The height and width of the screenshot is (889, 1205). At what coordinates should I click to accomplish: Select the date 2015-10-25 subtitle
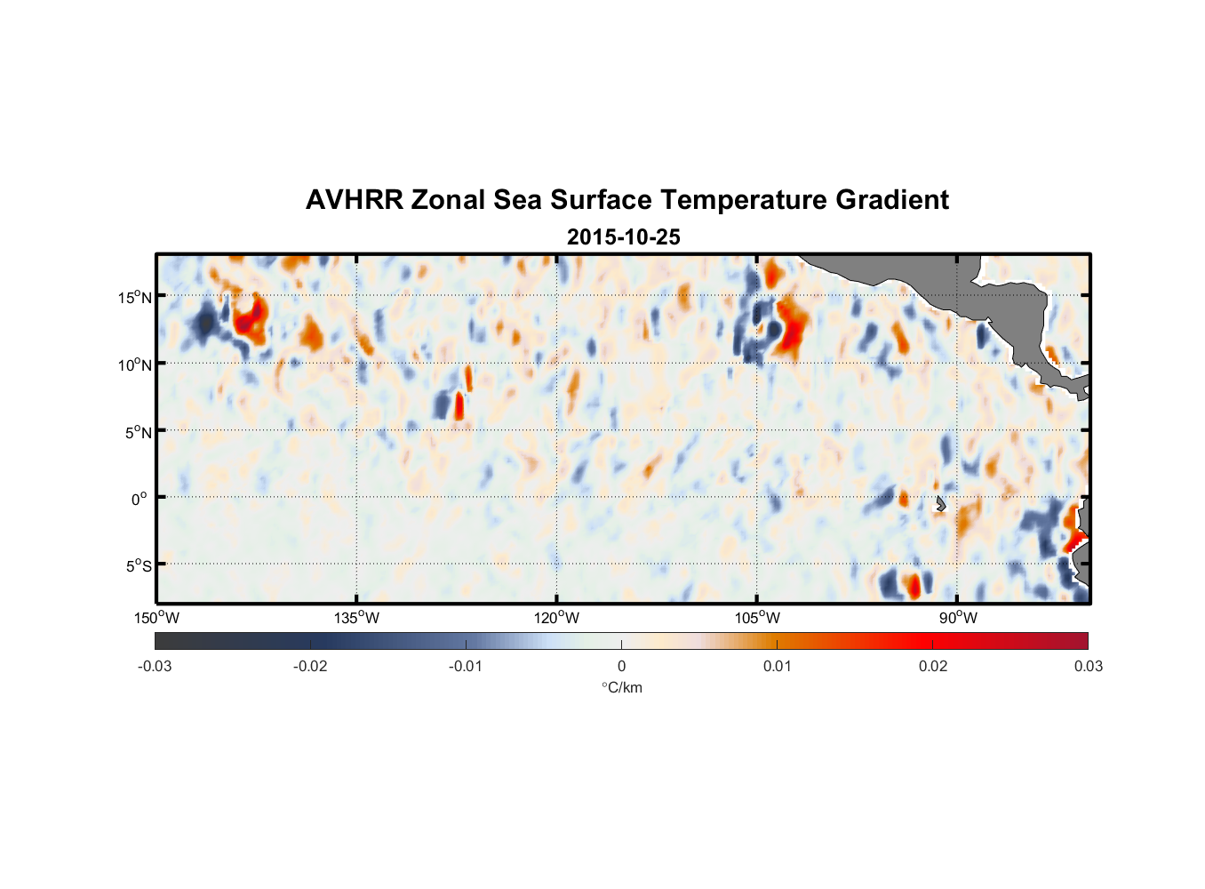pyautogui.click(x=624, y=237)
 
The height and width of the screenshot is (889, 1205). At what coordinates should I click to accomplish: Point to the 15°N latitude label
pyautogui.click(x=134, y=297)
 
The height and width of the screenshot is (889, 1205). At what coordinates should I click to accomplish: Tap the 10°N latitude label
pyautogui.click(x=134, y=364)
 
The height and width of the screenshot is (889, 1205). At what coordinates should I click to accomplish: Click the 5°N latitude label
pyautogui.click(x=138, y=432)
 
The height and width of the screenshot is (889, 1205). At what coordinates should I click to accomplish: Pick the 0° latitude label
pyautogui.click(x=140, y=500)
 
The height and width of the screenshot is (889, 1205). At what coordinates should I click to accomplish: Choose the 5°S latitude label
pyautogui.click(x=138, y=566)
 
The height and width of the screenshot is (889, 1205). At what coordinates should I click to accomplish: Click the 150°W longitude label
pyautogui.click(x=156, y=618)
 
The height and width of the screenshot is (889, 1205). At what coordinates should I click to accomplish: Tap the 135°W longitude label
pyautogui.click(x=356, y=618)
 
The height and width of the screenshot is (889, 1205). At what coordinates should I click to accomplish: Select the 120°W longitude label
pyautogui.click(x=556, y=618)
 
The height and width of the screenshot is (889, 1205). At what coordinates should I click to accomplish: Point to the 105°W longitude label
pyautogui.click(x=757, y=618)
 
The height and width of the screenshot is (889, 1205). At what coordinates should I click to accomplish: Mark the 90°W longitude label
pyautogui.click(x=958, y=618)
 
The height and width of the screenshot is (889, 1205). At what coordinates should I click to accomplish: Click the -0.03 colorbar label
pyautogui.click(x=155, y=666)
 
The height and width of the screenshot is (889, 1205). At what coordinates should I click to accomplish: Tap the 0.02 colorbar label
pyautogui.click(x=933, y=666)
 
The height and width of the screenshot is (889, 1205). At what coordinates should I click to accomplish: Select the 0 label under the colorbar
pyautogui.click(x=621, y=666)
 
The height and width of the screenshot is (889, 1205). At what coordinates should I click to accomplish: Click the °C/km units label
pyautogui.click(x=621, y=687)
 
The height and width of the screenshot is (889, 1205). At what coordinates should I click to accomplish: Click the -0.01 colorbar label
pyautogui.click(x=466, y=666)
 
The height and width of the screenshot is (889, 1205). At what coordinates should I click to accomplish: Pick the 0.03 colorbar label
pyautogui.click(x=1088, y=666)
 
